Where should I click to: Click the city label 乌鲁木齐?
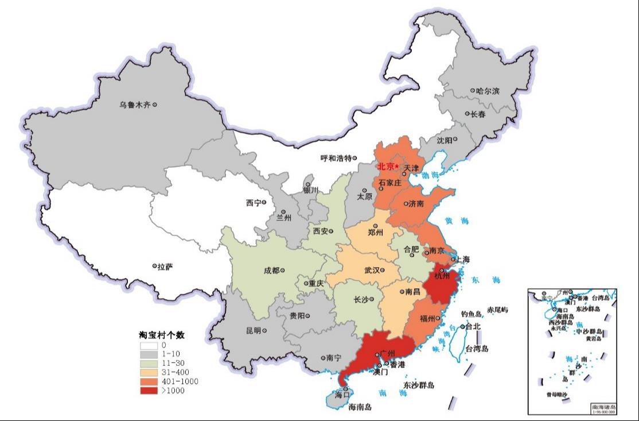pos(134,105)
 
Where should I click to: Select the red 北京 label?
pos(385,167)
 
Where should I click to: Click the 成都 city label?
pos(273,271)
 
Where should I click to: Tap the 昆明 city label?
pos(253,330)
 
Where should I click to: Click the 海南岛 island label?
pos(360,407)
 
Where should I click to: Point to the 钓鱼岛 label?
pos(472,314)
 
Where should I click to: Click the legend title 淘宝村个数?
pos(161,335)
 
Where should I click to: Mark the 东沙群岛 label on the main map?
pos(419,385)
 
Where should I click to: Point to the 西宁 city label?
pos(253,203)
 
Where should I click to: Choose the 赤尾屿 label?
pos(497,310)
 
